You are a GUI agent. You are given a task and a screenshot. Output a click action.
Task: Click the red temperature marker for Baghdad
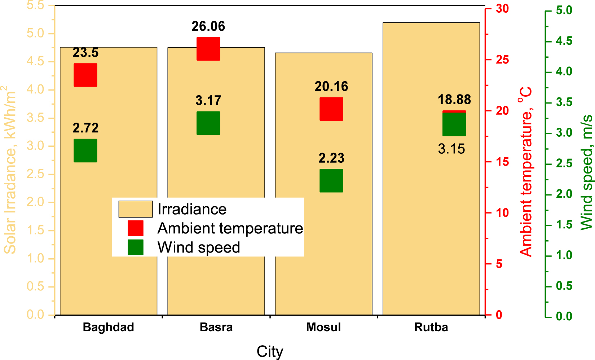[x=85, y=75]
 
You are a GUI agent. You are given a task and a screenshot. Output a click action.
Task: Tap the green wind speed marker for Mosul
[x=331, y=181]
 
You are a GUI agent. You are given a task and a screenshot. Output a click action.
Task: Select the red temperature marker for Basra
[x=208, y=49]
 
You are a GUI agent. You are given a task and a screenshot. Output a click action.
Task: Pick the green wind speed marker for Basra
[x=208, y=123]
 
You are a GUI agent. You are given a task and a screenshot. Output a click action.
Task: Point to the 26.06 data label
[x=208, y=26]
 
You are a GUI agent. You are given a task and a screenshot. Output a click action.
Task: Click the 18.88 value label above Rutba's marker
[x=454, y=100]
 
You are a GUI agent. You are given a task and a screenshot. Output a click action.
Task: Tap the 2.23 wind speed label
[x=331, y=158]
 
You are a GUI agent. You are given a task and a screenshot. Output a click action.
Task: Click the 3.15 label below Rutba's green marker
[x=451, y=149]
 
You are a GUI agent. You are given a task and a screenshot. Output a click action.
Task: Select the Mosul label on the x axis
[x=323, y=327]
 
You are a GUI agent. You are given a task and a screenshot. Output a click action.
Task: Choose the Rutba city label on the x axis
[x=431, y=327]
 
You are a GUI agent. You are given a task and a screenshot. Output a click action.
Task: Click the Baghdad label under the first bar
[x=109, y=327]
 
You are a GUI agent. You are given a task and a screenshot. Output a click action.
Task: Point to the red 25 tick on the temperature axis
[x=502, y=60]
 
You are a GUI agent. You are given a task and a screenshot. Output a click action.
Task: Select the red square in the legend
[x=136, y=228]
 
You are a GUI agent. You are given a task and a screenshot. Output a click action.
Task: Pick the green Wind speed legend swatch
[x=136, y=247]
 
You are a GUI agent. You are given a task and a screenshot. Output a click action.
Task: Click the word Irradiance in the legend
[x=192, y=209]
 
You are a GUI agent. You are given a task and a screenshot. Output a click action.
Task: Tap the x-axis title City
[x=270, y=351]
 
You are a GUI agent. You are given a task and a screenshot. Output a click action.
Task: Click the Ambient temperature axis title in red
[x=526, y=171]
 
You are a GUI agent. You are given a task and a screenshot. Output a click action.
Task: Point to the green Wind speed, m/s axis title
[x=587, y=172]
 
